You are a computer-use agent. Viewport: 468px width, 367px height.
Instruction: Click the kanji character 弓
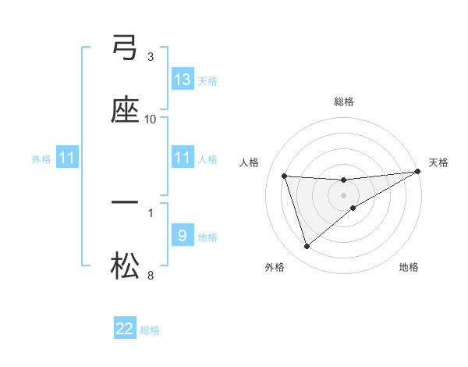[x=125, y=48]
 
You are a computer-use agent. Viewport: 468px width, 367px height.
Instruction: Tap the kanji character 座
[x=125, y=110]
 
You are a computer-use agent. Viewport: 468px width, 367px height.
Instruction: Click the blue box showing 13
[x=183, y=79]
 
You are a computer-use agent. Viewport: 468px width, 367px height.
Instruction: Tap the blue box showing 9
[x=183, y=235]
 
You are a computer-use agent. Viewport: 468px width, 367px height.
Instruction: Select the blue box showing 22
[x=125, y=329]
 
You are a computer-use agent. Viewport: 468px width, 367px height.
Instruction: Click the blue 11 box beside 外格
[x=67, y=158]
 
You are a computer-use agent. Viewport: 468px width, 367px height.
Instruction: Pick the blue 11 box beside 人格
[x=183, y=158]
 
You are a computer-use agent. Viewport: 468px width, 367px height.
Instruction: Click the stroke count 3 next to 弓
[x=151, y=56]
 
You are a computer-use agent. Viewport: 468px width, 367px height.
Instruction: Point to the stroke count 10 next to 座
[x=151, y=119]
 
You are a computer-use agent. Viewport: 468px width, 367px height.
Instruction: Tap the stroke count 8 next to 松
[x=151, y=275]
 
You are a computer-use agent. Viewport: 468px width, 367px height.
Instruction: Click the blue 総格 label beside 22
[x=151, y=330]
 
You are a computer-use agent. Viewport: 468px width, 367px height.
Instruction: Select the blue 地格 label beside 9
[x=208, y=237]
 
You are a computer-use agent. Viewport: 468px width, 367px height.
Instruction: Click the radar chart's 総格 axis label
[x=344, y=102]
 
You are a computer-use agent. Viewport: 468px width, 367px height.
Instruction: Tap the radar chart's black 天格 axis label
[x=439, y=162]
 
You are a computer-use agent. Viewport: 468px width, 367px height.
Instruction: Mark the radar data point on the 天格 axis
[x=418, y=172]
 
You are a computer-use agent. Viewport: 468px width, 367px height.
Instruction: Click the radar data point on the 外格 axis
[x=307, y=247]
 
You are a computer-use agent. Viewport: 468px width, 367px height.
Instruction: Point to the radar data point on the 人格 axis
[x=285, y=176]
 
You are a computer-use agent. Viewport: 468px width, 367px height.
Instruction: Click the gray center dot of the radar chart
[x=344, y=194]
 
